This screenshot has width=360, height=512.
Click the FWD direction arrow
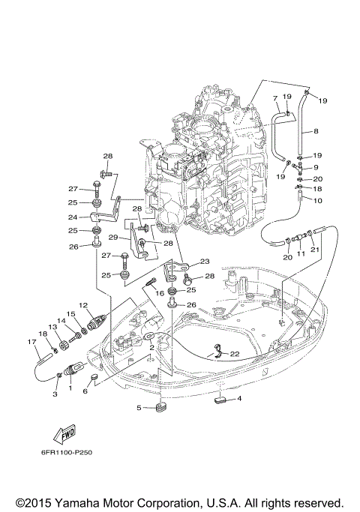click(x=64, y=434)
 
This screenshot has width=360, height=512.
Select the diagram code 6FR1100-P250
click(x=67, y=453)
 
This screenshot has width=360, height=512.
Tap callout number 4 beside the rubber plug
click(x=239, y=398)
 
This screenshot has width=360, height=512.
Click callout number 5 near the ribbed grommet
click(x=139, y=408)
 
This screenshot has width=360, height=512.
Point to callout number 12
click(x=83, y=305)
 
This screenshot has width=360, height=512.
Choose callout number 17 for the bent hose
click(x=31, y=342)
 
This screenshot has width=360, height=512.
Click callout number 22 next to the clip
click(x=235, y=354)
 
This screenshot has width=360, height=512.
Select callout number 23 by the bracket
click(x=205, y=261)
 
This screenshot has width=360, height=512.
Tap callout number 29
click(x=113, y=238)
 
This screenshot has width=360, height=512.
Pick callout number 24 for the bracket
click(x=73, y=217)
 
